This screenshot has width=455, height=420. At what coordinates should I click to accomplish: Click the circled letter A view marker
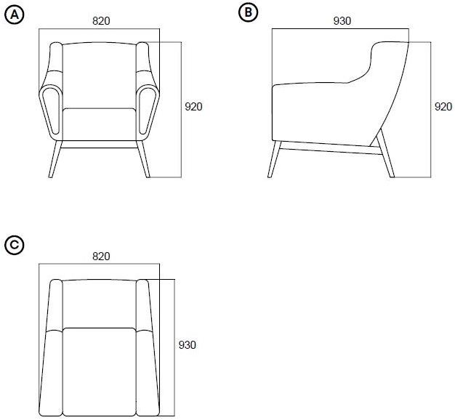[x=15, y=15]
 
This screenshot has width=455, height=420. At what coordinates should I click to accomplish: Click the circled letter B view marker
[x=248, y=12]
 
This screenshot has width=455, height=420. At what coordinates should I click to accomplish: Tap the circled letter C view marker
[x=15, y=246]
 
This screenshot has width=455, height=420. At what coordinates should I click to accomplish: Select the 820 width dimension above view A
[x=101, y=21]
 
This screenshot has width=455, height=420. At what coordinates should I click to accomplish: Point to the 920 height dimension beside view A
[x=193, y=107]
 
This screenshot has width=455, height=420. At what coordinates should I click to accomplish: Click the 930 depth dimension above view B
[x=342, y=21]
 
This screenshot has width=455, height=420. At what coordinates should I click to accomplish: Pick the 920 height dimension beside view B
[x=443, y=107]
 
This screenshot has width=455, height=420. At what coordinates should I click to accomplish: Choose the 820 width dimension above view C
[x=101, y=257]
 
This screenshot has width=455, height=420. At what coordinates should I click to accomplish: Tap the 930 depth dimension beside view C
[x=188, y=345]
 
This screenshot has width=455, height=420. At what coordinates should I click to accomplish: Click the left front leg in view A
[x=55, y=159]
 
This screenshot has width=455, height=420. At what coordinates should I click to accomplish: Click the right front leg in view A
[x=143, y=159]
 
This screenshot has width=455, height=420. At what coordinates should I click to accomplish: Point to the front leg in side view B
[x=274, y=159]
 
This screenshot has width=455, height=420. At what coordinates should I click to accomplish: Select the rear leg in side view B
[x=385, y=153]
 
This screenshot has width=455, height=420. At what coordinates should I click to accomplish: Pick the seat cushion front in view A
[x=100, y=124]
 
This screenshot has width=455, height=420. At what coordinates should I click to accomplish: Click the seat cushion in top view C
[x=100, y=372]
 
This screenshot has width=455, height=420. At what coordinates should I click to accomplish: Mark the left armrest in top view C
[x=51, y=348]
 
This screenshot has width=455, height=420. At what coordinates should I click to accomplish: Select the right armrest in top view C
[x=148, y=348]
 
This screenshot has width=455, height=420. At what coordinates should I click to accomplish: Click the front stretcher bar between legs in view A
[x=100, y=145]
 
